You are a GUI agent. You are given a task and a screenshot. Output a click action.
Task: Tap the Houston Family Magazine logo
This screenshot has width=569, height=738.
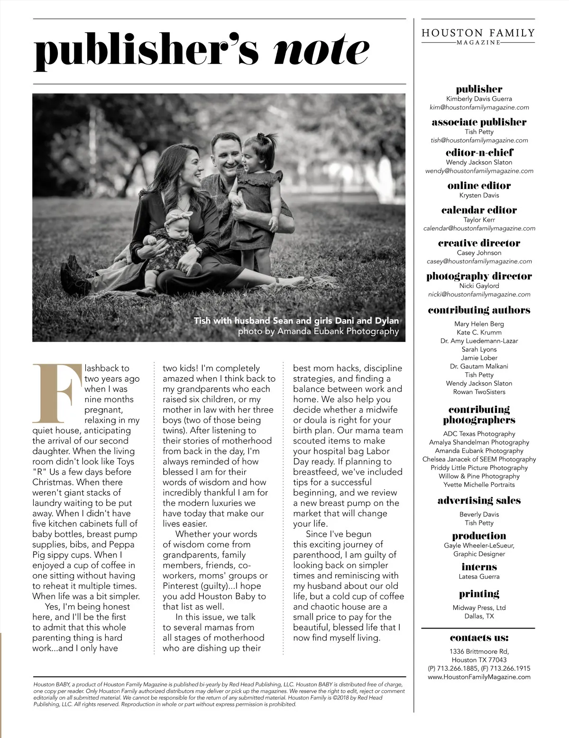point(478,36)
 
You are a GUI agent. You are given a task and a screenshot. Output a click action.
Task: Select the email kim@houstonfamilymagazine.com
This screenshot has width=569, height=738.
point(479,108)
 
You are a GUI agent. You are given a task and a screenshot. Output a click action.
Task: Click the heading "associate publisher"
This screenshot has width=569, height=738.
point(479,122)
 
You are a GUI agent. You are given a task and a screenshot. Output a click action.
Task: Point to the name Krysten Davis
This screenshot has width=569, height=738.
point(479,195)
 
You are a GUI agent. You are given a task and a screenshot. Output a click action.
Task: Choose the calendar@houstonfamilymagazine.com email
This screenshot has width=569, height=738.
point(479,228)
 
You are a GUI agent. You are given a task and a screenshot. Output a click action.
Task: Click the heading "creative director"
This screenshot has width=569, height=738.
point(479,243)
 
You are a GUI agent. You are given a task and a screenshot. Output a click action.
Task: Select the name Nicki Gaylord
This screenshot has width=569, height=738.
point(479,286)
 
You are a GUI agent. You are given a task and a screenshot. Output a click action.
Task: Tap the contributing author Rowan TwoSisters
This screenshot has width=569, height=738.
point(479,392)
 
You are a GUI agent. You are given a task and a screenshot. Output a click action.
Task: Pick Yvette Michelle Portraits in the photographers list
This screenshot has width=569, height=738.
point(479,485)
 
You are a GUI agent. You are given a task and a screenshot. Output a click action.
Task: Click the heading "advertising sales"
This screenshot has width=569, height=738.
point(479,501)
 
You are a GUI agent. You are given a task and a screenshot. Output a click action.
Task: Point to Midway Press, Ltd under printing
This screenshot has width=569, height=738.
point(479,608)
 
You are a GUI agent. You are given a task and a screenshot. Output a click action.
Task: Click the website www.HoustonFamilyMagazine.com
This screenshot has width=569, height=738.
point(479,677)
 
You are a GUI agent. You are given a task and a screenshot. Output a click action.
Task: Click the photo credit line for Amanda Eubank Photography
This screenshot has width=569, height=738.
point(318,331)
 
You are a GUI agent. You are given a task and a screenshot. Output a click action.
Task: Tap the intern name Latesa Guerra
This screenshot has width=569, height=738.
point(479,576)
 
